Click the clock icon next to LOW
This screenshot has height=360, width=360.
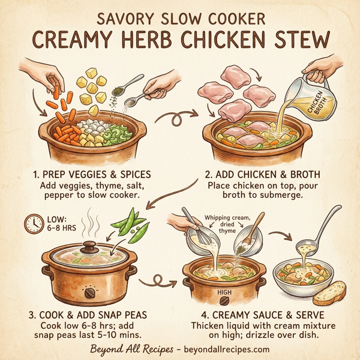point(33,223)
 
